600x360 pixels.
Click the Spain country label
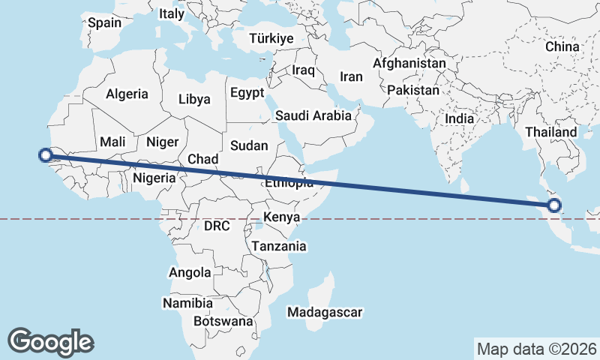tap(104, 22)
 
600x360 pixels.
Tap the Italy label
tap(172, 13)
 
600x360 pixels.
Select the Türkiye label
tap(274, 38)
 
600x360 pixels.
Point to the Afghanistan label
tap(409, 64)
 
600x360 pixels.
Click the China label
tap(562, 46)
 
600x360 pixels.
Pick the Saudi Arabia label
tap(313, 115)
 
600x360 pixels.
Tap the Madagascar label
tap(325, 312)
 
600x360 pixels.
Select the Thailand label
tap(551, 132)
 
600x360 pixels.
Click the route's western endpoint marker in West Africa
tap(45, 155)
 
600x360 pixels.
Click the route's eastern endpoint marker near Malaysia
tap(555, 205)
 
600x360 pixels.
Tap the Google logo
tap(50, 341)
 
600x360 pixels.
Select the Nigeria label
tap(154, 178)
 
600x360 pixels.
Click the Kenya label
tap(282, 217)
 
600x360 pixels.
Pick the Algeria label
tap(127, 94)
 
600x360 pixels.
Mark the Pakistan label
tap(413, 90)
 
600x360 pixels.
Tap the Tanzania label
tap(279, 246)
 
